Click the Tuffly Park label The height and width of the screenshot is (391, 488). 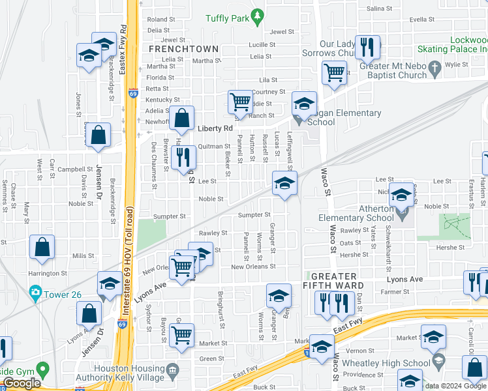point(228,18)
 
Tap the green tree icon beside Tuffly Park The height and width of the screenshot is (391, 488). point(258,15)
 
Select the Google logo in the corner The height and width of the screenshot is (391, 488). point(22,384)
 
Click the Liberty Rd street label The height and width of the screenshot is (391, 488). point(215,129)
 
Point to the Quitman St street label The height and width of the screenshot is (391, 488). point(215,146)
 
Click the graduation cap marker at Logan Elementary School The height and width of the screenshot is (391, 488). point(304,104)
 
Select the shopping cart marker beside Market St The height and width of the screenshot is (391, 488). point(182,336)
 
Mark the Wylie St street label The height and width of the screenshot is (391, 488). point(457,65)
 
